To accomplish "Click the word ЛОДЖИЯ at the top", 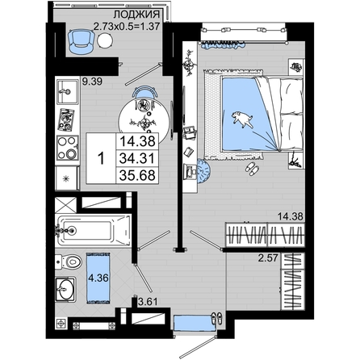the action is [x=136, y=15].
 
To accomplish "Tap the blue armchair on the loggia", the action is [x=81, y=42].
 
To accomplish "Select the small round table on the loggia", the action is [x=105, y=41].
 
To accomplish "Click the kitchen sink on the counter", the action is [x=67, y=91].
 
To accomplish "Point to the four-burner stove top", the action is [x=68, y=148].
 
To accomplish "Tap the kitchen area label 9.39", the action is [x=92, y=82].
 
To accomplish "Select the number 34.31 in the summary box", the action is [x=137, y=158].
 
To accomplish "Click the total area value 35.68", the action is [x=137, y=175].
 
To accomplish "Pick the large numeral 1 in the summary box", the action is [x=101, y=158].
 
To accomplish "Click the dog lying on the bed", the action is [x=243, y=119].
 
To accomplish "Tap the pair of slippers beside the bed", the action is [x=252, y=169].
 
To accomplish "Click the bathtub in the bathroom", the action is [x=94, y=230].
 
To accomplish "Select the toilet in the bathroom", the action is [x=69, y=262].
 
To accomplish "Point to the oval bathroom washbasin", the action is [x=65, y=289].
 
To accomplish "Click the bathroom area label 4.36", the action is [x=98, y=278].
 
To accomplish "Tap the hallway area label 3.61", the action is [x=148, y=302].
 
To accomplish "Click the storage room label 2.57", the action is [x=268, y=258].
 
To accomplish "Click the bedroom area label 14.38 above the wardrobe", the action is [x=291, y=216].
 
